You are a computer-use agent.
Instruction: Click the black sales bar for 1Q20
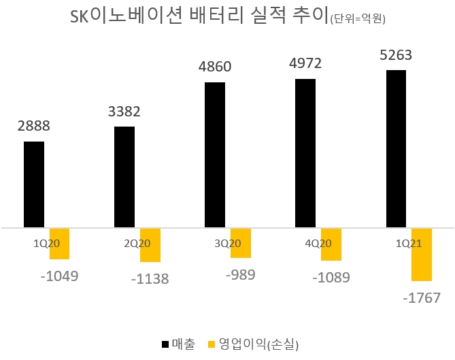[34, 184]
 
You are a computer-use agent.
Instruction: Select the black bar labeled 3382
[124, 176]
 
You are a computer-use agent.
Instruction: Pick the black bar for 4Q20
[305, 152]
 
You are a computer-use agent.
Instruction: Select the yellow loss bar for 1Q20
[59, 244]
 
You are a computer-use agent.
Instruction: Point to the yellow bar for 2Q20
[150, 245]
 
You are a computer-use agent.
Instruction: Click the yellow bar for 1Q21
[422, 255]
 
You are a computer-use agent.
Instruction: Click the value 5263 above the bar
[396, 55]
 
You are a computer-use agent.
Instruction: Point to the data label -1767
[422, 297]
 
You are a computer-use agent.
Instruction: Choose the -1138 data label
[150, 278]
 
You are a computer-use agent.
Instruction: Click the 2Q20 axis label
[137, 242]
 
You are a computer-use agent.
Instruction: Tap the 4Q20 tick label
[318, 242]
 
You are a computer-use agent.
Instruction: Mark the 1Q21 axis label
[409, 242]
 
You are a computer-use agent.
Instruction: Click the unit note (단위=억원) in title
[358, 20]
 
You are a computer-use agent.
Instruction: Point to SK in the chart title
[80, 17]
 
